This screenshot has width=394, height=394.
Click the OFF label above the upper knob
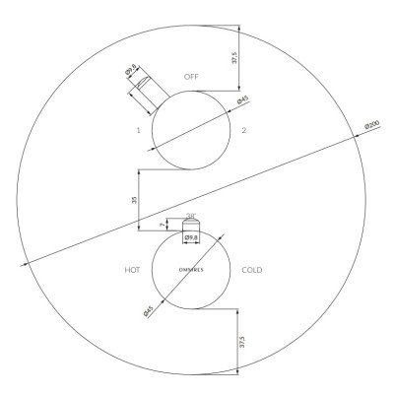pyautogui.click(x=191, y=77)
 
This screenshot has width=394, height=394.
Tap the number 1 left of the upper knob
pyautogui.click(x=139, y=130)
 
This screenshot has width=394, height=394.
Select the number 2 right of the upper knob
pyautogui.click(x=243, y=130)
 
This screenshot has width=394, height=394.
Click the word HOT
pyautogui.click(x=132, y=270)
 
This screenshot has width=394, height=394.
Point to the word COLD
pyautogui.click(x=252, y=270)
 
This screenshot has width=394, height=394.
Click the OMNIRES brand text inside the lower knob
pyautogui.click(x=191, y=270)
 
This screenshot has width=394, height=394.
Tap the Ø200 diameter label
pyautogui.click(x=372, y=125)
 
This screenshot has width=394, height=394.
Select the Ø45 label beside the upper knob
pyautogui.click(x=243, y=99)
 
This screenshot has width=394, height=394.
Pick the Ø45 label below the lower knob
pyautogui.click(x=149, y=311)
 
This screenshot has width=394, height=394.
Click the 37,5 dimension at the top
pyautogui.click(x=233, y=57)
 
